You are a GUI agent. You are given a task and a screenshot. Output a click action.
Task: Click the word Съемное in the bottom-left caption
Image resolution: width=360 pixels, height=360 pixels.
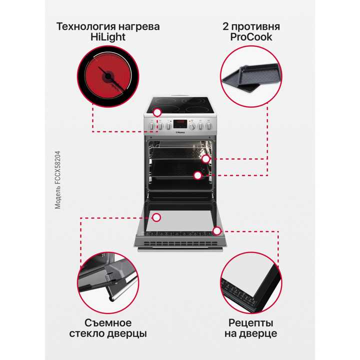click(108, 322)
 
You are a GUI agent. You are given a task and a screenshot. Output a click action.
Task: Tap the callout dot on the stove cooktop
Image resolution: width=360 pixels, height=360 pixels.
click(157, 113)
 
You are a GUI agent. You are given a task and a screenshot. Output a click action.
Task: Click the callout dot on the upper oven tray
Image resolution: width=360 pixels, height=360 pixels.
click(206, 159)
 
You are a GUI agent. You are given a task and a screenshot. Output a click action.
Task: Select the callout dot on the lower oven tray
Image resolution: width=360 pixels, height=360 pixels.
click(198, 175)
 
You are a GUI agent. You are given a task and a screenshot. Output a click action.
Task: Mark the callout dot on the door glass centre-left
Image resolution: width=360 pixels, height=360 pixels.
click(156, 217)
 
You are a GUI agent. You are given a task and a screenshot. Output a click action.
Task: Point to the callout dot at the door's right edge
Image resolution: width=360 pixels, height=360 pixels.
click(216, 230)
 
